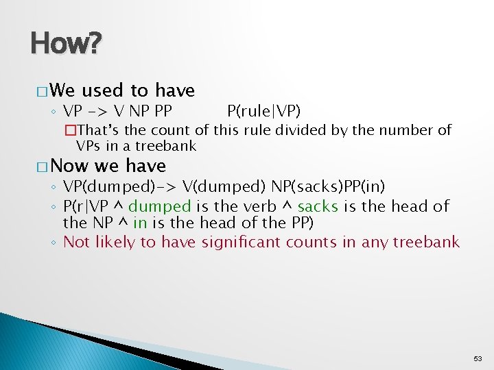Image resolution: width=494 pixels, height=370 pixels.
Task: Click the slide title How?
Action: click(x=66, y=45)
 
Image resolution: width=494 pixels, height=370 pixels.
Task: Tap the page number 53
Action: click(x=478, y=358)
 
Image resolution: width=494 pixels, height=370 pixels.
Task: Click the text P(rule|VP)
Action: click(x=263, y=111)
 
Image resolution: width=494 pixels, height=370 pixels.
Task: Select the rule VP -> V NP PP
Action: click(x=117, y=111)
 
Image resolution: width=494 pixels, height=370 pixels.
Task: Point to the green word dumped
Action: click(x=159, y=206)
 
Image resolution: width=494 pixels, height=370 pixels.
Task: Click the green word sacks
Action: click(x=318, y=206)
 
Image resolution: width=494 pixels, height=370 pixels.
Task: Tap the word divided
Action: click(x=309, y=130)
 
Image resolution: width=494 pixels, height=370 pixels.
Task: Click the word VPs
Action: click(x=88, y=146)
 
